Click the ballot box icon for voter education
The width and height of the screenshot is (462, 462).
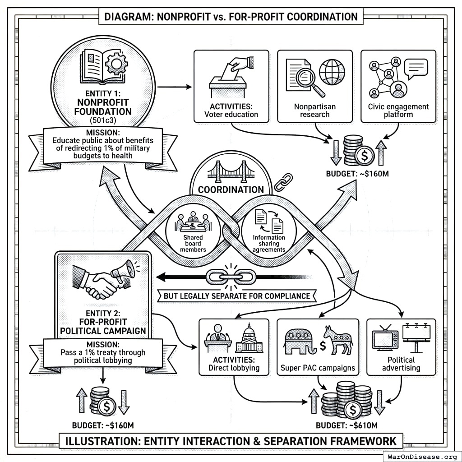[x=228, y=83]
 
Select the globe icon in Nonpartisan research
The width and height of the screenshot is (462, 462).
[x=332, y=71]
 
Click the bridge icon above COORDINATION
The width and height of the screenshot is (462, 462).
[x=231, y=174]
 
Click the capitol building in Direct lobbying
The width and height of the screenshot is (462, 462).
[x=249, y=339]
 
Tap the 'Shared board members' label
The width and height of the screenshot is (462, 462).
[x=193, y=244]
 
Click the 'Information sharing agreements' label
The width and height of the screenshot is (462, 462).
[x=269, y=244]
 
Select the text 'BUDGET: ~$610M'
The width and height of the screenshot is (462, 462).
[x=346, y=425]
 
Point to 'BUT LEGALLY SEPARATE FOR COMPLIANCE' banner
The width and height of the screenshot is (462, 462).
[x=236, y=296]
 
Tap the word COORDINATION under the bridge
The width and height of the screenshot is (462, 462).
[x=231, y=189]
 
